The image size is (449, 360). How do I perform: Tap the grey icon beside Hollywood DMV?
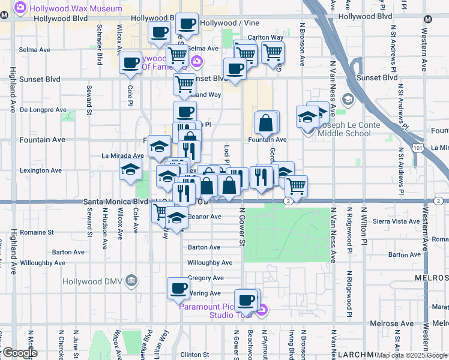(132, 281)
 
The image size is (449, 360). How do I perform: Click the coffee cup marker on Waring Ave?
(178, 288)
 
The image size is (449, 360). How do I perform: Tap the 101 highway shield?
(416, 147)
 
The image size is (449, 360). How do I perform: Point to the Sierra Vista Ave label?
(411, 221)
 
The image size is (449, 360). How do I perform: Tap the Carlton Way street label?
(265, 37)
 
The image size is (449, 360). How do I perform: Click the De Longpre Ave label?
(43, 110)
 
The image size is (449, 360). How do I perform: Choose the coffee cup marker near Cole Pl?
(131, 64)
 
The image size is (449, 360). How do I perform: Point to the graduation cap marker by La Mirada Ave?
(130, 170)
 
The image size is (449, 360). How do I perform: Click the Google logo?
(19, 353)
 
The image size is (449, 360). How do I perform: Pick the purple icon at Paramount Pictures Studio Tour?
(262, 310)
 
